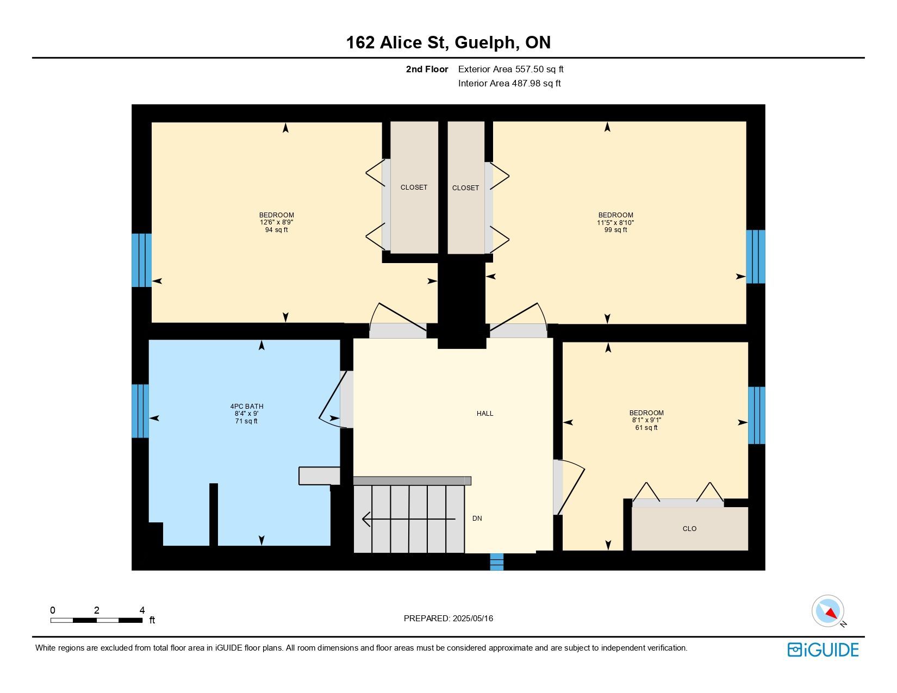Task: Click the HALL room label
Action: click(484, 414)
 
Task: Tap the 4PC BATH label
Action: click(246, 406)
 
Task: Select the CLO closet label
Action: click(689, 529)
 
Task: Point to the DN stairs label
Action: click(477, 519)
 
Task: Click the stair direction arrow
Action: click(409, 519)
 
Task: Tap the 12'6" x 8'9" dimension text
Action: click(276, 222)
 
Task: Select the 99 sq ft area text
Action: click(615, 230)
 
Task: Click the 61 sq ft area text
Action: click(646, 428)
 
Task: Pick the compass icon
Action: click(827, 611)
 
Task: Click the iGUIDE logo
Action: click(823, 650)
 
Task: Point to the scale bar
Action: click(97, 620)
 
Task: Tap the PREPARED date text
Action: click(448, 619)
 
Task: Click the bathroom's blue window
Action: click(140, 411)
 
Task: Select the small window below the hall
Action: click(496, 562)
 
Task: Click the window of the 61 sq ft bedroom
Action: click(757, 415)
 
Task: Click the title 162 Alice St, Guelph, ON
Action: click(448, 42)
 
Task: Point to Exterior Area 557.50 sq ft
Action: click(510, 70)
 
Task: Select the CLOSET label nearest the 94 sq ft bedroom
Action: click(414, 188)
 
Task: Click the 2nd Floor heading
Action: click(427, 70)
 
